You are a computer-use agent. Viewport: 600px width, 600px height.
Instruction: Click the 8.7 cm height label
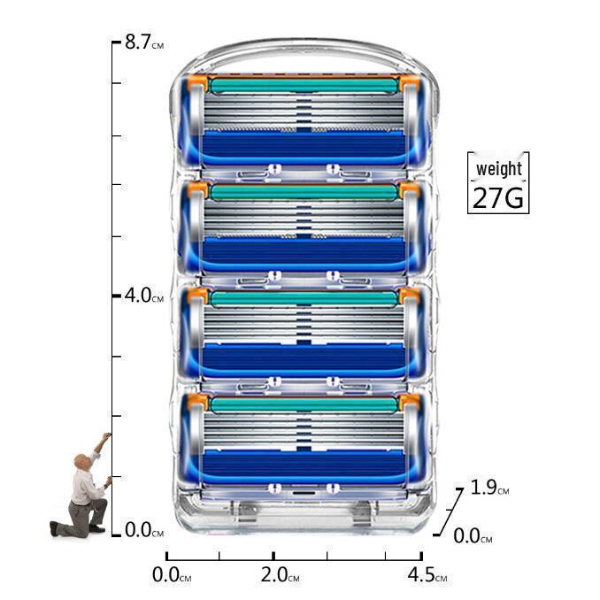coord(144,42)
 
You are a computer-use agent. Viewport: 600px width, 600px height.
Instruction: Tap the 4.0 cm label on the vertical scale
coord(144,296)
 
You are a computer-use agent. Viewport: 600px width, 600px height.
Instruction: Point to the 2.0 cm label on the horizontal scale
coord(280,574)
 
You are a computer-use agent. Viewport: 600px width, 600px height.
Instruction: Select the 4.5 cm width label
coord(427,574)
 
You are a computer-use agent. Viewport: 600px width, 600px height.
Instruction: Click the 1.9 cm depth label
coord(489,487)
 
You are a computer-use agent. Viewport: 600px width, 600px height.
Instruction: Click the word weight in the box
coord(498,169)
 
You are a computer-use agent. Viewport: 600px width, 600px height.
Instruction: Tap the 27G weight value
coord(498,197)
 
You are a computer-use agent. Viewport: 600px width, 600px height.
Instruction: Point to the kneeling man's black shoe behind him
coord(54,528)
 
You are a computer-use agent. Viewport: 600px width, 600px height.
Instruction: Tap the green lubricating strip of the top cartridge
coord(304,85)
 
